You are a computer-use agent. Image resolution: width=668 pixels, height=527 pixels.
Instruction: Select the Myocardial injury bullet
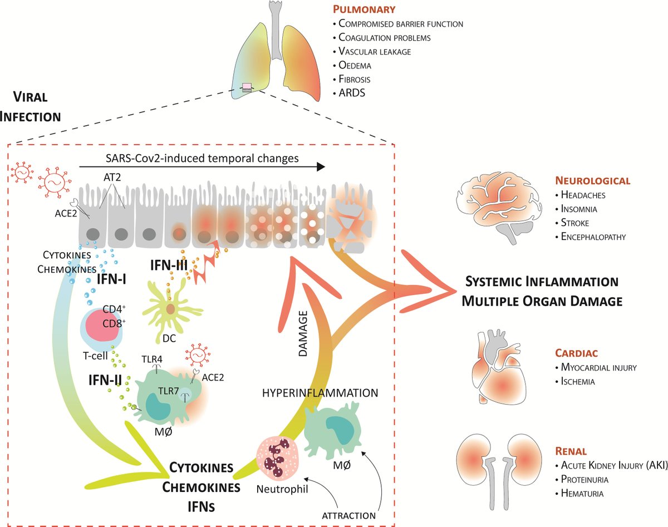point(596,368)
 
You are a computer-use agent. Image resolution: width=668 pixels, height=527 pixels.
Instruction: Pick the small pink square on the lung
point(247,87)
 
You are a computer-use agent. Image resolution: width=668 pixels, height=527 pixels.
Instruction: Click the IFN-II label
point(106,381)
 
